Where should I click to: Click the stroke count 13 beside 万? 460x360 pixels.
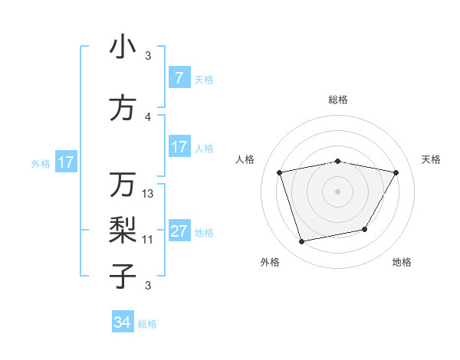tap(148, 194)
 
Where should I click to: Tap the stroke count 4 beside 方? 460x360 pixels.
tap(148, 117)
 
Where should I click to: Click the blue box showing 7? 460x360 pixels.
tap(179, 78)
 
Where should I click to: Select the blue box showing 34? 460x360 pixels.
tap(123, 322)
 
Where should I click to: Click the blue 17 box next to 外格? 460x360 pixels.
tap(65, 162)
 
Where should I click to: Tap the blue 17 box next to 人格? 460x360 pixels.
tap(179, 147)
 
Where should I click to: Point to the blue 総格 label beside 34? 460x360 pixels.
tap(147, 324)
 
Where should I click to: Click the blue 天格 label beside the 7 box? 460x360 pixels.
tap(204, 79)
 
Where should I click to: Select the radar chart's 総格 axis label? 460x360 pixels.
tap(338, 100)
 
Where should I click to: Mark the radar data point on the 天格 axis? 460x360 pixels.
tap(396, 172)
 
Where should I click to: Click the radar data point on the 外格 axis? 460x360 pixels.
tap(302, 241)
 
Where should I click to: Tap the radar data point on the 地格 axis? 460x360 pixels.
tap(365, 229)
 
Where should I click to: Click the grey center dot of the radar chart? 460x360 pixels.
tap(338, 191)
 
